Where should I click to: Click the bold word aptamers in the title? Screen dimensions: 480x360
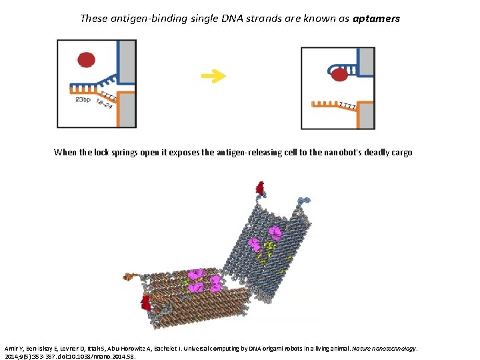click(x=376, y=19)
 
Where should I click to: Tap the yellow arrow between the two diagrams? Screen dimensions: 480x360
click(x=213, y=76)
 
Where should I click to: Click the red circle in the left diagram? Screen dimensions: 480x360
click(x=86, y=60)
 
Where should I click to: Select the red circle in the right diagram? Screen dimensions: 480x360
click(x=340, y=75)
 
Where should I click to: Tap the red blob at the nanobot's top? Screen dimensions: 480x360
click(x=259, y=187)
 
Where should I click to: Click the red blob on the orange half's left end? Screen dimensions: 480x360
click(x=145, y=303)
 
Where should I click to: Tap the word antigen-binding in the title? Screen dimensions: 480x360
click(x=135, y=19)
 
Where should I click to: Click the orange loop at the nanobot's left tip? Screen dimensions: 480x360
click(x=127, y=275)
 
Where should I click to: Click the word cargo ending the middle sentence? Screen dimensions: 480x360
click(x=404, y=153)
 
